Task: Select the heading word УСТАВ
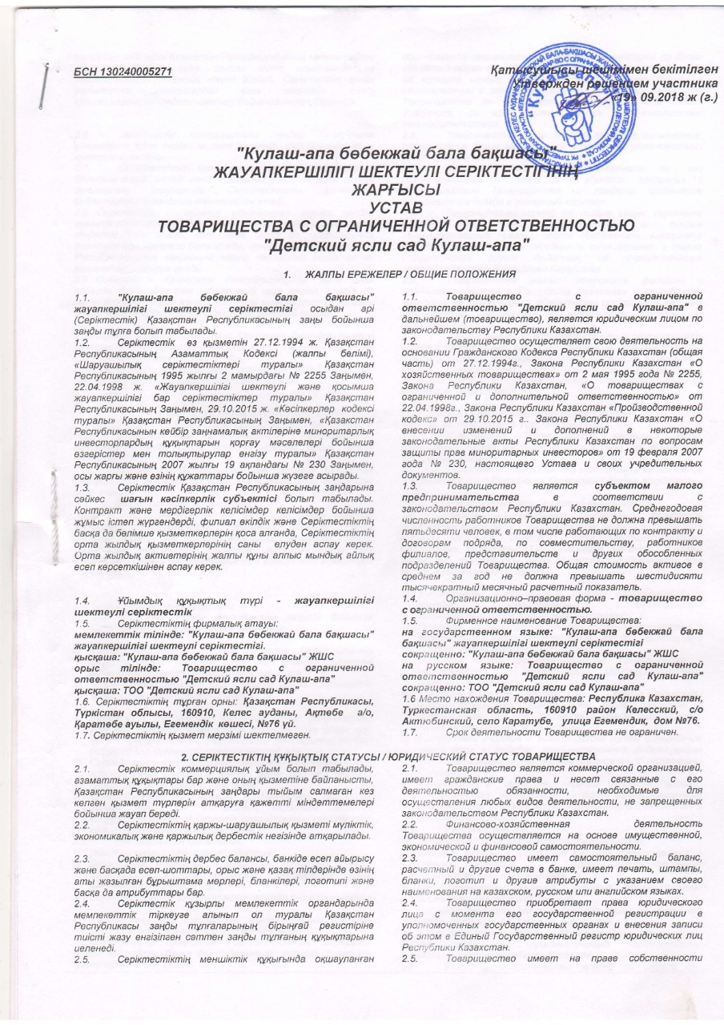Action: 362,208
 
